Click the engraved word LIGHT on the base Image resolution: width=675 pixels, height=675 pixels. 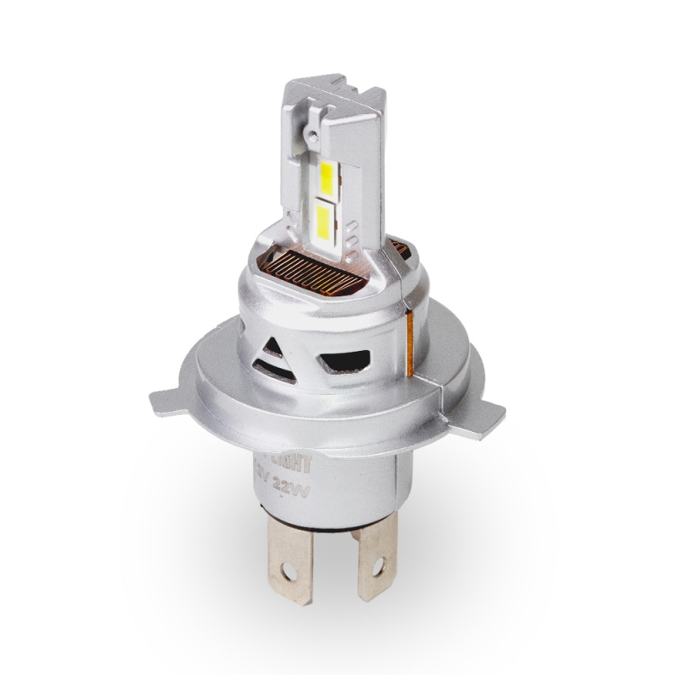point(296,463)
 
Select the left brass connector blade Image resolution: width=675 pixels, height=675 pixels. point(290,557)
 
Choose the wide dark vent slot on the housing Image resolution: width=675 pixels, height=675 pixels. point(347,361)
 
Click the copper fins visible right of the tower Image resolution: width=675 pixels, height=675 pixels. point(400,247)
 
